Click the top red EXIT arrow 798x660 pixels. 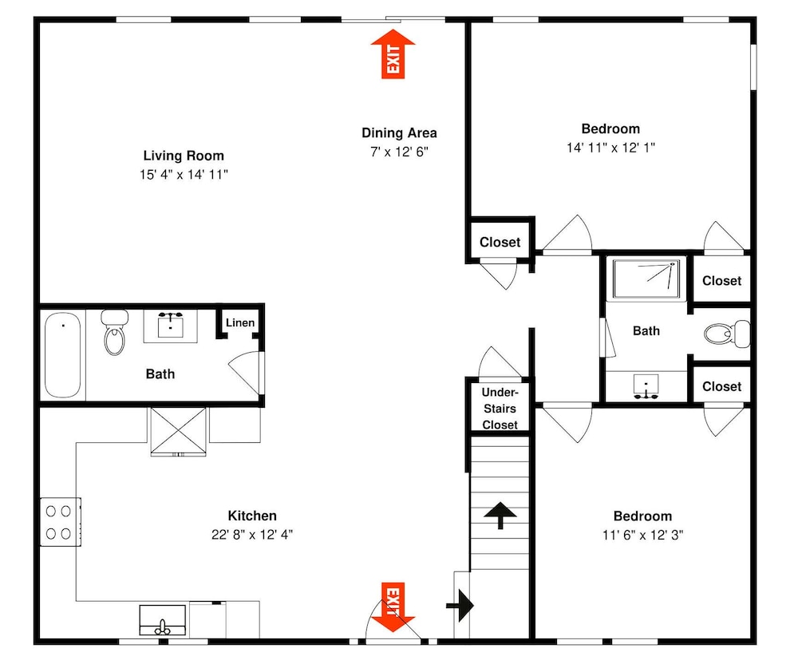[x=393, y=54]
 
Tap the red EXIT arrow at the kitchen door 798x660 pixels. [x=393, y=607]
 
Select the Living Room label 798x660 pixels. [x=184, y=156]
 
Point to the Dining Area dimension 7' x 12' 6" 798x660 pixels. [x=400, y=152]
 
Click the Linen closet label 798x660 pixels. [x=240, y=322]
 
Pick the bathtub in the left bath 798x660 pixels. [x=62, y=354]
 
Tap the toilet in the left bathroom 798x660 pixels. [x=114, y=332]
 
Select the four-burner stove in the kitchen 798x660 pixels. [x=60, y=522]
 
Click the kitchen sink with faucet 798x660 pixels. [x=162, y=620]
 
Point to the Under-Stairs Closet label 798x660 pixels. [x=500, y=409]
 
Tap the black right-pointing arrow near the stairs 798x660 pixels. [x=460, y=606]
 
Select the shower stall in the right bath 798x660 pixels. [x=646, y=279]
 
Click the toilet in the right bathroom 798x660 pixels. [x=727, y=334]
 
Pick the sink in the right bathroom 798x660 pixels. [x=646, y=385]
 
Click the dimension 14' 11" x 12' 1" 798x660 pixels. [x=610, y=148]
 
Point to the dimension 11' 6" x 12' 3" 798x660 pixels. [x=642, y=535]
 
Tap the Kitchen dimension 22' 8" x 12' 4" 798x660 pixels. [x=252, y=535]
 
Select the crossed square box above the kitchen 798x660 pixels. [x=179, y=431]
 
